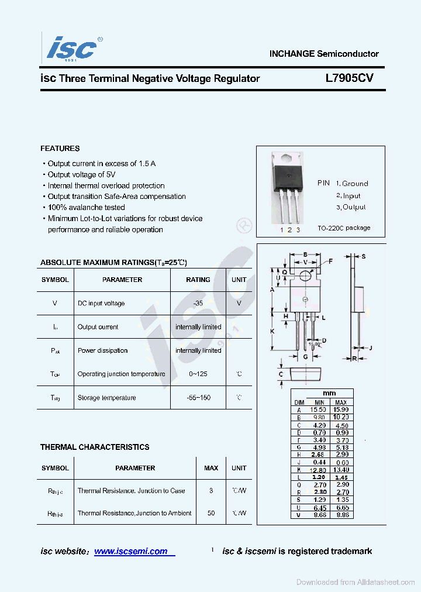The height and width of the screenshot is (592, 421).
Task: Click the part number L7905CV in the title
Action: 350,78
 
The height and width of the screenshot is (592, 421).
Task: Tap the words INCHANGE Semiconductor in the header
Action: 324,54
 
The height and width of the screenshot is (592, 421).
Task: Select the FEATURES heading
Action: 60,149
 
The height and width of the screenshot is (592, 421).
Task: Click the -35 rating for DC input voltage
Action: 198,303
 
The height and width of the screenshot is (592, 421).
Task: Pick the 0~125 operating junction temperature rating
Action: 198,374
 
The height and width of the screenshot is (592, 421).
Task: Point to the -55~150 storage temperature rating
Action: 198,398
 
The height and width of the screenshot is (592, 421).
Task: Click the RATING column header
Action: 198,280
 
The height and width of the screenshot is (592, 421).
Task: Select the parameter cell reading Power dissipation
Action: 102,350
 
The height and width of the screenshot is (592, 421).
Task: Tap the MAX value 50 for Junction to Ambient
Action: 211,513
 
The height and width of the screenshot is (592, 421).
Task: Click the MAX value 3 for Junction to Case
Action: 211,491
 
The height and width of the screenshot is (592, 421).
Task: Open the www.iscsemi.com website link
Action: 131,551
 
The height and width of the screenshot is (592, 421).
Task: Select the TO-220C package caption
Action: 344,228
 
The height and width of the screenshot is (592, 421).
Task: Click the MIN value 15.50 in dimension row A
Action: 319,410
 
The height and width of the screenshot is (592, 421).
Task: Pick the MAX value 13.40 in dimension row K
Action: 341,470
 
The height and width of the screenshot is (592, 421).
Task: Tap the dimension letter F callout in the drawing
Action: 331,261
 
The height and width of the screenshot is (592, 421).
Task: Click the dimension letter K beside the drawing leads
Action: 272,331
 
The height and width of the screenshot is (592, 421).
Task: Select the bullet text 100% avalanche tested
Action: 86,208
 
